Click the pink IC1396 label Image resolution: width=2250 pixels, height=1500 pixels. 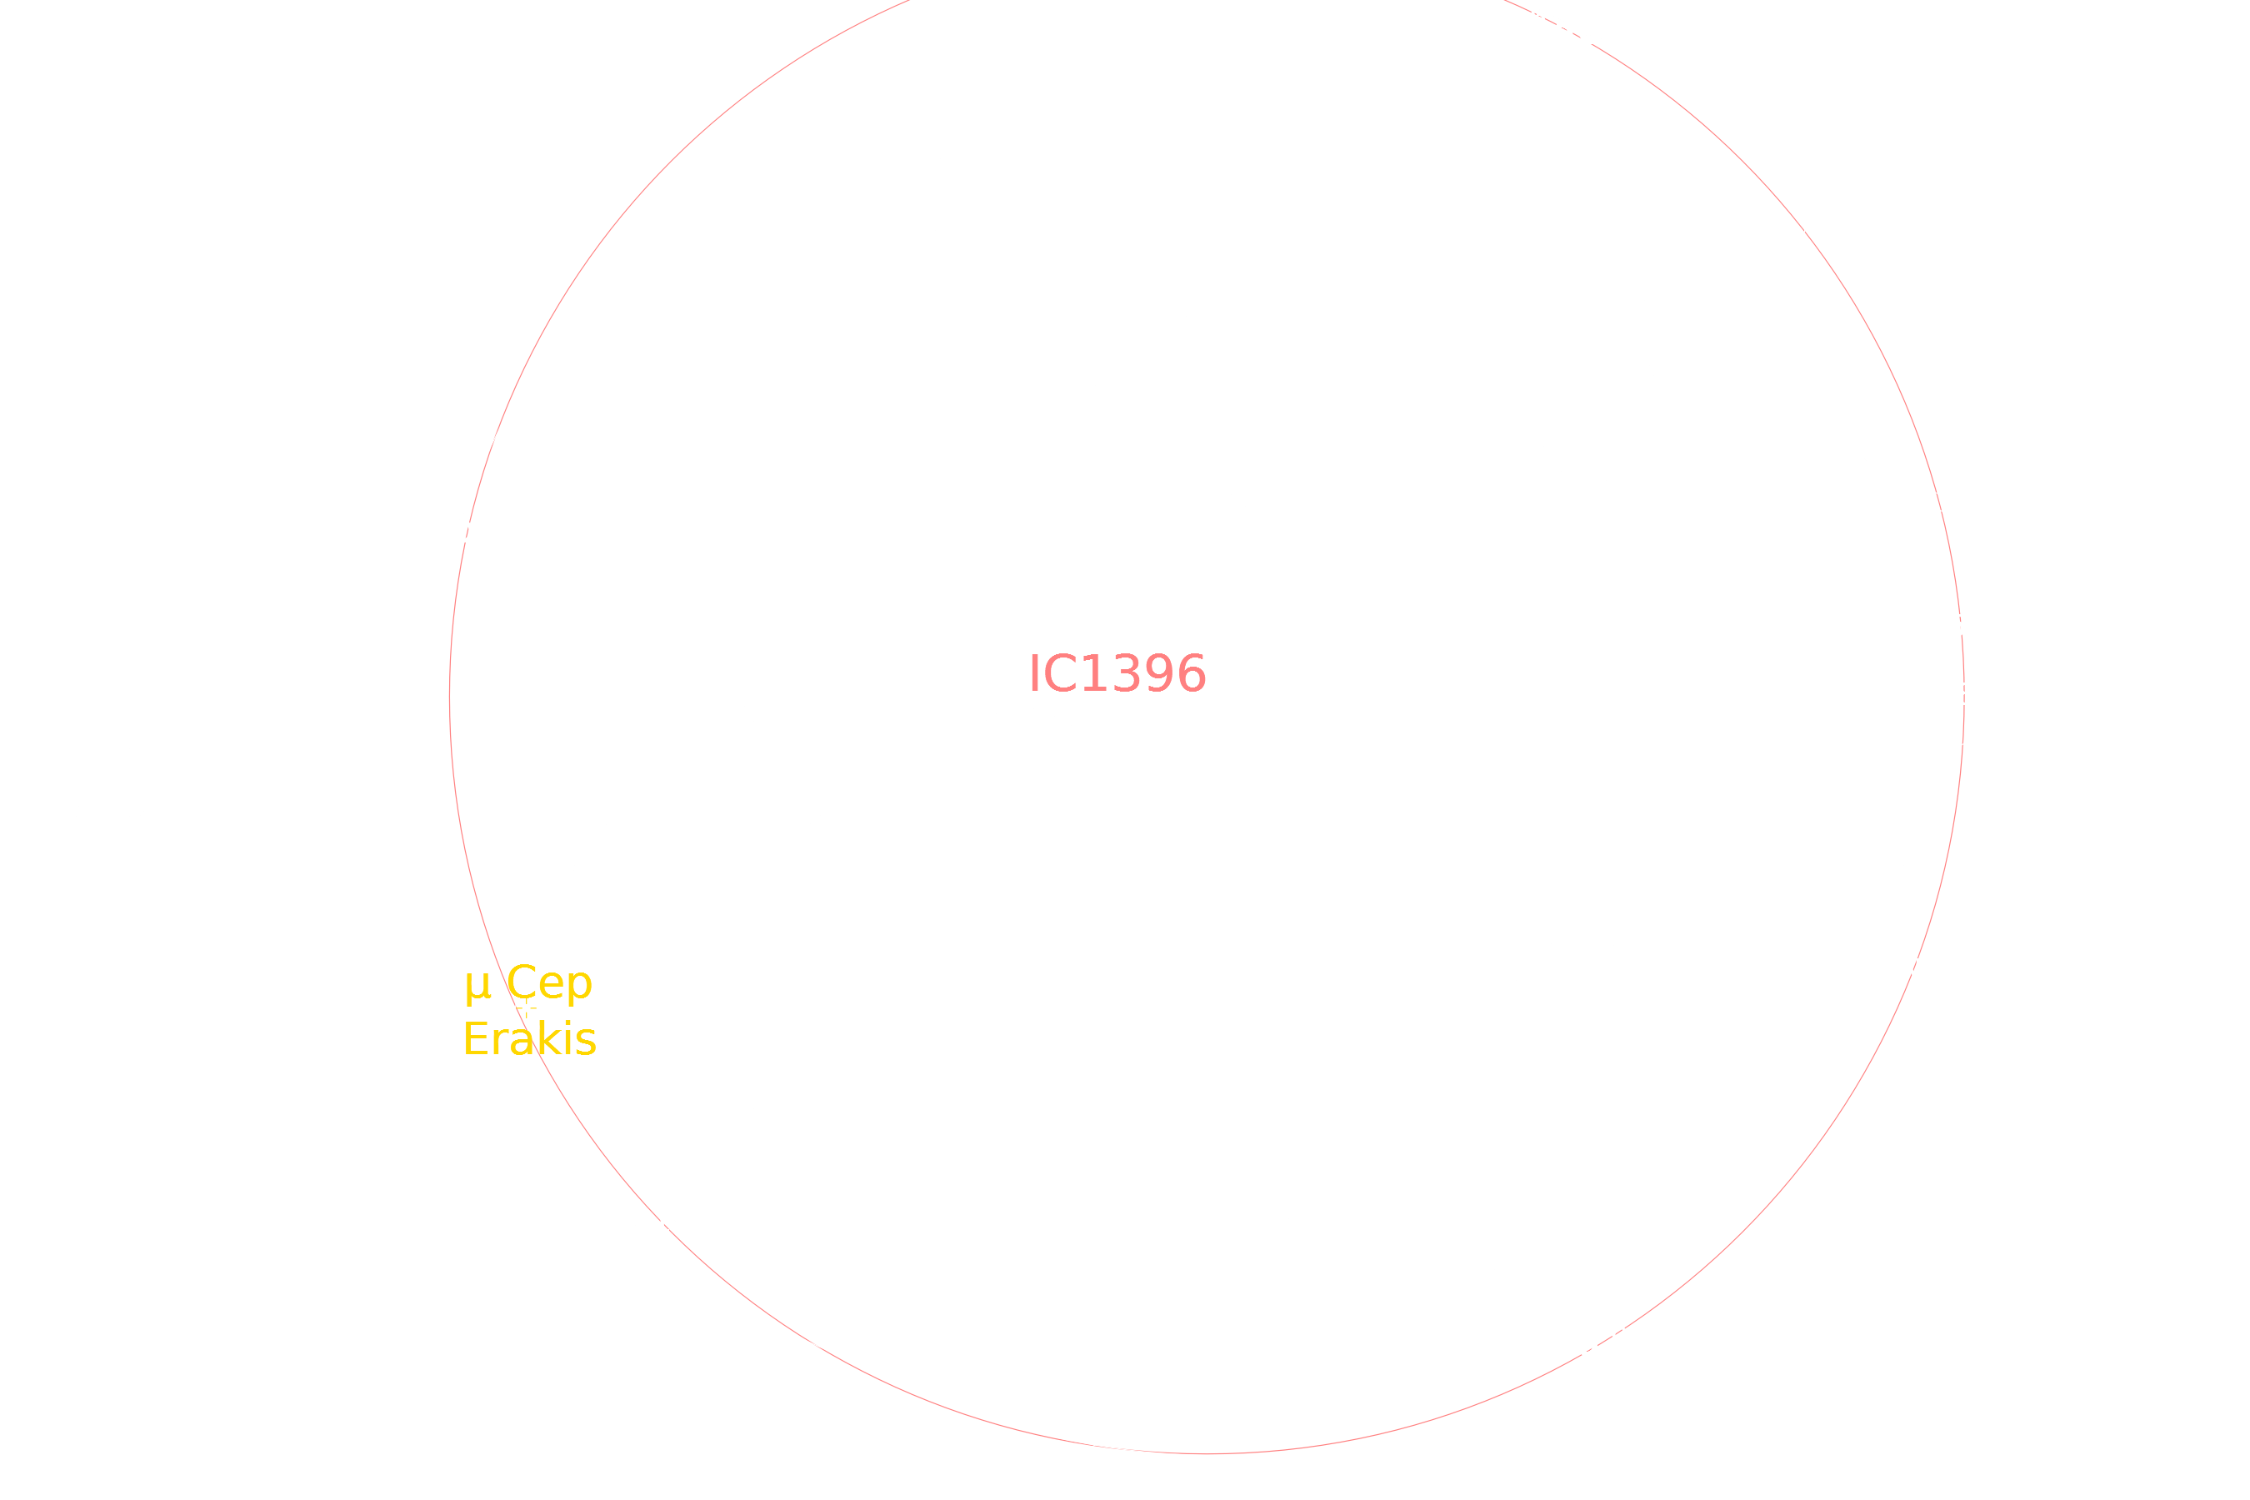[x=1117, y=673]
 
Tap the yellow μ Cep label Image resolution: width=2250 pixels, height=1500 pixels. [x=528, y=983]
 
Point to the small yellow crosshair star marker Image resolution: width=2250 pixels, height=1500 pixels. [x=526, y=1007]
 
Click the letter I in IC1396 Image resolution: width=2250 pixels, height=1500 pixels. [x=1033, y=673]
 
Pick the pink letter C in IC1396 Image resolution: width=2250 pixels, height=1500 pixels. [x=1059, y=673]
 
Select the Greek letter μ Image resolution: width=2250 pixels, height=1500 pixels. [x=477, y=987]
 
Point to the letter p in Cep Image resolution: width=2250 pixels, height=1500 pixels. [x=580, y=987]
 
